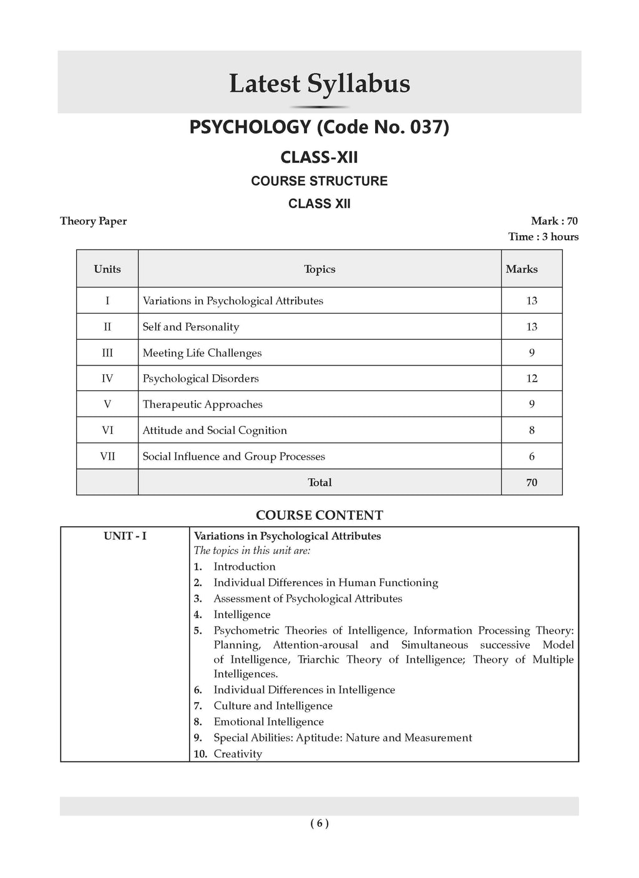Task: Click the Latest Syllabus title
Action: tap(319, 84)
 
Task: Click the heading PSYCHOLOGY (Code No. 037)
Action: tap(319, 127)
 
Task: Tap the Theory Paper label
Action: tap(93, 221)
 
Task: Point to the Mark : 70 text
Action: tap(554, 221)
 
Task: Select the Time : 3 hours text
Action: tap(543, 236)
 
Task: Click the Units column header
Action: tap(107, 269)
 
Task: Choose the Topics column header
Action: tap(319, 269)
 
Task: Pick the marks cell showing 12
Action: tap(532, 379)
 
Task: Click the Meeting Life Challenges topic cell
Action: tap(202, 353)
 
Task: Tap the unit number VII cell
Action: tap(107, 456)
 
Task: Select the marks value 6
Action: tap(532, 456)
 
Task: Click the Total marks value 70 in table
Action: tap(532, 483)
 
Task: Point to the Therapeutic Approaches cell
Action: tap(203, 404)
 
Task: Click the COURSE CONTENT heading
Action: tap(319, 515)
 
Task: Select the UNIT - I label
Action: tap(125, 536)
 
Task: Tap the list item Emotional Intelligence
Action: tap(268, 721)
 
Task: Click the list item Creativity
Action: tap(238, 754)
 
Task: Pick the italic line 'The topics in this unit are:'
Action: tap(252, 551)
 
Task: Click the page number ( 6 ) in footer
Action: tap(319, 823)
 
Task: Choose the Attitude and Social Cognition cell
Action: tap(215, 430)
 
